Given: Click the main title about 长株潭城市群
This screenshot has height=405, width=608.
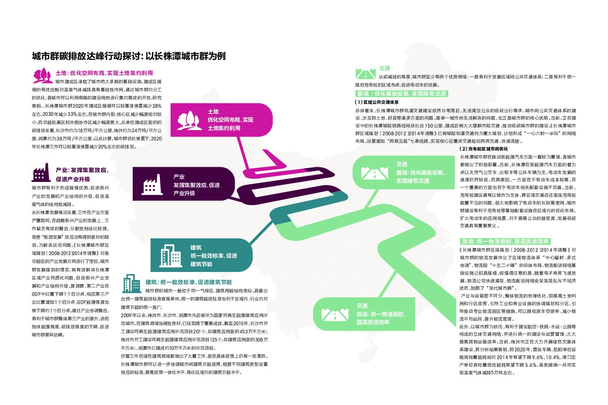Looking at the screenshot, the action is pyautogui.click(x=129, y=56).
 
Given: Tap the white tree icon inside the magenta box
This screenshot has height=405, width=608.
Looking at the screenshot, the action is pyautogui.click(x=188, y=120).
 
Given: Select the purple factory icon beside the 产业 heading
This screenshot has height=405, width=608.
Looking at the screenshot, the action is pyautogui.click(x=41, y=172).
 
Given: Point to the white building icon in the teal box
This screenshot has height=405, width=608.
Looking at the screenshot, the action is pyautogui.click(x=171, y=255).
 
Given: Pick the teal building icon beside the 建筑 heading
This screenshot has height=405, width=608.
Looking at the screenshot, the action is pyautogui.click(x=131, y=283).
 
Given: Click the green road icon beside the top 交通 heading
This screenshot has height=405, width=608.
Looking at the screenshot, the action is pyautogui.click(x=365, y=74).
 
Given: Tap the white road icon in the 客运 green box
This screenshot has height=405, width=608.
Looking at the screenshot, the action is pyautogui.click(x=374, y=173).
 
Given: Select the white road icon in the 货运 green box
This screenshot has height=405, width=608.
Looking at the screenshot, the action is pyautogui.click(x=335, y=315).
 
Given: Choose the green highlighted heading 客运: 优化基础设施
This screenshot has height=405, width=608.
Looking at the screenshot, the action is pyautogui.click(x=401, y=94).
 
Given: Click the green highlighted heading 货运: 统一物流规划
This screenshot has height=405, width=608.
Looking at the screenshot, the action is pyautogui.click(x=505, y=241).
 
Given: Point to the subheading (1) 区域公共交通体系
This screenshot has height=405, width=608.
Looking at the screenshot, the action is pyautogui.click(x=376, y=102).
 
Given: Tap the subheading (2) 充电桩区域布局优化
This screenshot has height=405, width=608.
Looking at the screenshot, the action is pyautogui.click(x=484, y=149).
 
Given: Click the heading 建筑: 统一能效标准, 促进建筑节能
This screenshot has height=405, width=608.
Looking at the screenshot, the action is pyautogui.click(x=189, y=282).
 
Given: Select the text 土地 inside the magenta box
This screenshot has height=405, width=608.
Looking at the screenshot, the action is pyautogui.click(x=213, y=111).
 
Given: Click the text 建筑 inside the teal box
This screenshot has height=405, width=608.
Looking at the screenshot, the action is pyautogui.click(x=196, y=247).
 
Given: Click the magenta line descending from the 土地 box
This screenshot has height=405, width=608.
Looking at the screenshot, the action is pyautogui.click(x=244, y=155).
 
